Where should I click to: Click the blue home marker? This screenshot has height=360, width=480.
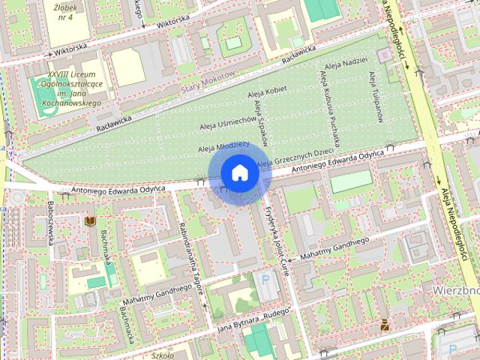click(239, 172)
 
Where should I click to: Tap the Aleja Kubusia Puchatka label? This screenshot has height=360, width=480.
click(330, 107)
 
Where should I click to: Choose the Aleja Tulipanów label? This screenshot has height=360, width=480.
click(376, 96)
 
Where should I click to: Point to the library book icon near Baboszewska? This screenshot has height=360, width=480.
click(91, 222)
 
